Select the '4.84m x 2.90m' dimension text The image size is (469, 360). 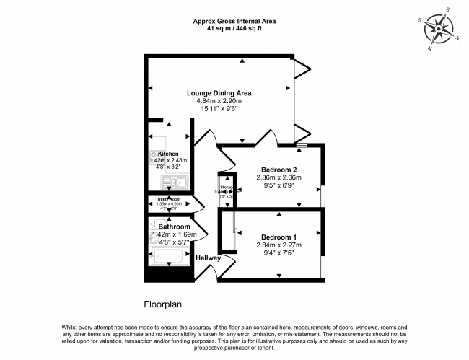pyautogui.click(x=219, y=101)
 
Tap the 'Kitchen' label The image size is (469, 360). pyautogui.click(x=168, y=154)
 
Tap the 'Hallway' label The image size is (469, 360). pyautogui.click(x=207, y=258)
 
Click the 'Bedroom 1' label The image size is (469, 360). pyautogui.click(x=279, y=237)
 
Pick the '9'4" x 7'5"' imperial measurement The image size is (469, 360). pyautogui.click(x=279, y=253)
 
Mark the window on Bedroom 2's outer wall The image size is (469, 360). pyautogui.click(x=323, y=195)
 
